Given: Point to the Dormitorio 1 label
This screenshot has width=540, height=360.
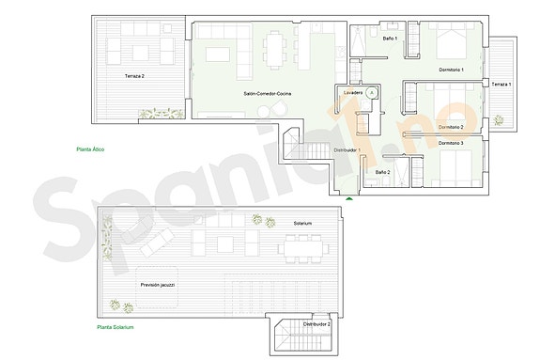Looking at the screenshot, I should pos(452,70).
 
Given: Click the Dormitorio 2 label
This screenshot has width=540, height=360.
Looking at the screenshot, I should pos(451,126).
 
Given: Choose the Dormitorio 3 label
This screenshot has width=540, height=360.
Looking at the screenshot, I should pos(451,143).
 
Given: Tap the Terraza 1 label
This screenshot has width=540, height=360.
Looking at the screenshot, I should pos(501,85).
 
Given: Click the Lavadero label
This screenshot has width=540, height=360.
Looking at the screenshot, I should pos(353,93).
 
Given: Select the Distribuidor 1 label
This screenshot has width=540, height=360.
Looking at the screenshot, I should pos(347,149).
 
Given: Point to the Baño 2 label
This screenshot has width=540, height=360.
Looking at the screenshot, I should pos(382,172).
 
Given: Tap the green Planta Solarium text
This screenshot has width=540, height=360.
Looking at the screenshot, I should pos(116,327).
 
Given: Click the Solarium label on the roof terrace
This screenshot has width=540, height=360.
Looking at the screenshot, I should pos(302,223).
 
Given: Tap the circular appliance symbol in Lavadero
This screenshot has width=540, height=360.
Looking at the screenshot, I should pos(372,93).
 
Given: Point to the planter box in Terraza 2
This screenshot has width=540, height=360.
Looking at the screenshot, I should pos(150,115).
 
